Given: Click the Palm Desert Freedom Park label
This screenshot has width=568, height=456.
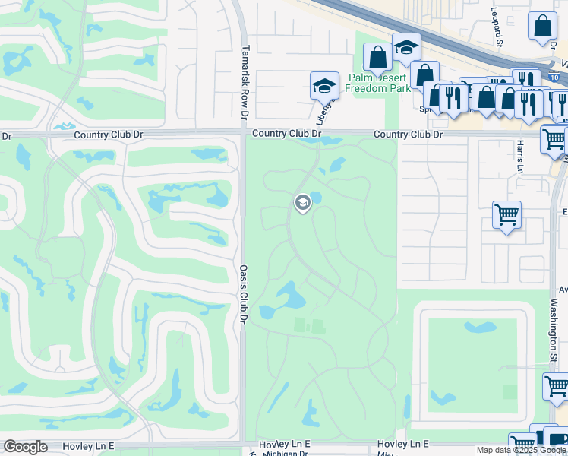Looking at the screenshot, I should coord(377,83).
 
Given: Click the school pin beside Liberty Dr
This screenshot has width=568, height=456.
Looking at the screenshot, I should coord(324,85).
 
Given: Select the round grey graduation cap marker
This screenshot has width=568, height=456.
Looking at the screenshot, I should coord(302,202).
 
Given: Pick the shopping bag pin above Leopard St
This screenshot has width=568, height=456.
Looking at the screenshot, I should coord(543,27).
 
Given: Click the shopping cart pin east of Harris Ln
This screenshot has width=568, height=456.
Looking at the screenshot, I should coord(506,214).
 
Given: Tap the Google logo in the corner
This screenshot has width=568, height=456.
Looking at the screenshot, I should coord(25,447).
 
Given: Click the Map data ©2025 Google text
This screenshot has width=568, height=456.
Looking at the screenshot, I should coord(521,450).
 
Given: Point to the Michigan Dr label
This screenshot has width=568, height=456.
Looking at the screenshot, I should coord(286,453).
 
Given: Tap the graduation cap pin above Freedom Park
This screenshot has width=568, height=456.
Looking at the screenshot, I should coord(406,47).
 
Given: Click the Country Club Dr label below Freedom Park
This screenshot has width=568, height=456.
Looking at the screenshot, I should coord(409,135).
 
